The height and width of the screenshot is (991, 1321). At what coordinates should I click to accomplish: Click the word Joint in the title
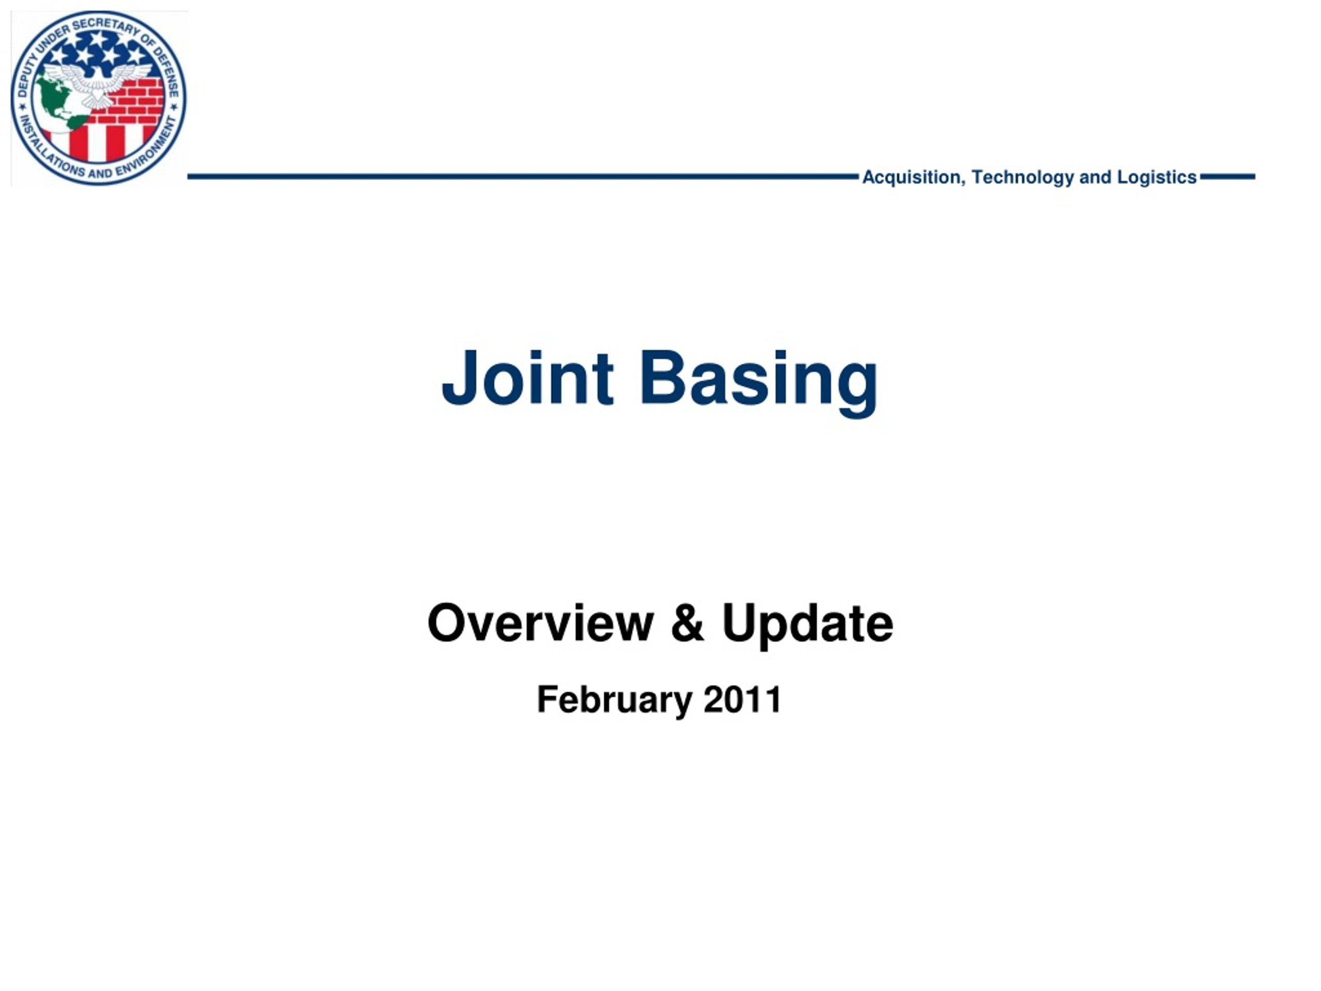click(x=527, y=379)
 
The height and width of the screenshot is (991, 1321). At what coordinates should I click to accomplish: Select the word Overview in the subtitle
click(x=540, y=623)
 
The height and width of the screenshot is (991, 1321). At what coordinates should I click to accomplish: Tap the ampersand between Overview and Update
click(x=687, y=623)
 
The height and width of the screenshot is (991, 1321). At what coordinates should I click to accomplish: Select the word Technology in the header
click(x=1022, y=178)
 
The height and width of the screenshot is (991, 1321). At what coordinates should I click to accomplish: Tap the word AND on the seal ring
click(x=100, y=174)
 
